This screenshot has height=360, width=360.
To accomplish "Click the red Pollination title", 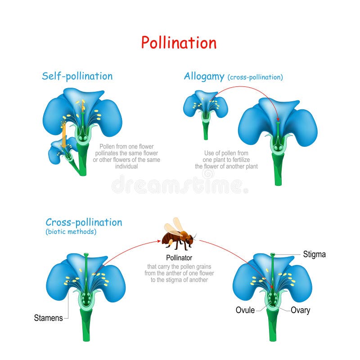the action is coord(179,43).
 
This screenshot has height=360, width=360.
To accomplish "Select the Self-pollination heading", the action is coord(77,76).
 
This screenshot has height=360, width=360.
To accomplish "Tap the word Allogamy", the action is coord(204,76).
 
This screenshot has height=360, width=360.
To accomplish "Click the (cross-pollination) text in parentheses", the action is coord(255,77).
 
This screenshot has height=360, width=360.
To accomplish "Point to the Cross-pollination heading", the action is coord(84,222).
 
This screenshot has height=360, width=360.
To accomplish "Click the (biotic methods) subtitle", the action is coord(71,232).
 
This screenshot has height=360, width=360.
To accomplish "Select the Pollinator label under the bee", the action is coord(179,258).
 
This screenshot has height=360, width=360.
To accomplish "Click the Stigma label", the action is coord(315,255).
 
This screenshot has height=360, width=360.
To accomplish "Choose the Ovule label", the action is coord(245,310).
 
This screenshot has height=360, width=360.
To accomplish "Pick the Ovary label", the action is coord(300,310).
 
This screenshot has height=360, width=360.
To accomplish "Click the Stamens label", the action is coord(48,318).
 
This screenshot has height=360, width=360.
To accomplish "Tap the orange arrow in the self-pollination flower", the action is coord(64,135).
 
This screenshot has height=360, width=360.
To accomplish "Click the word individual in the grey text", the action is coord(126,166).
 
